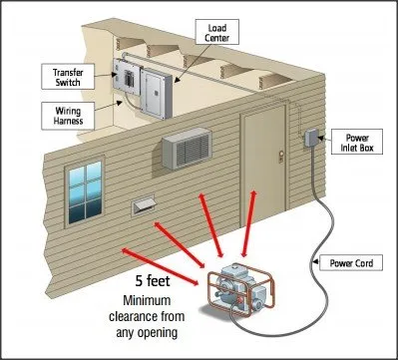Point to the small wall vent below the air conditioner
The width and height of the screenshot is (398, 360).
(x=148, y=204)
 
